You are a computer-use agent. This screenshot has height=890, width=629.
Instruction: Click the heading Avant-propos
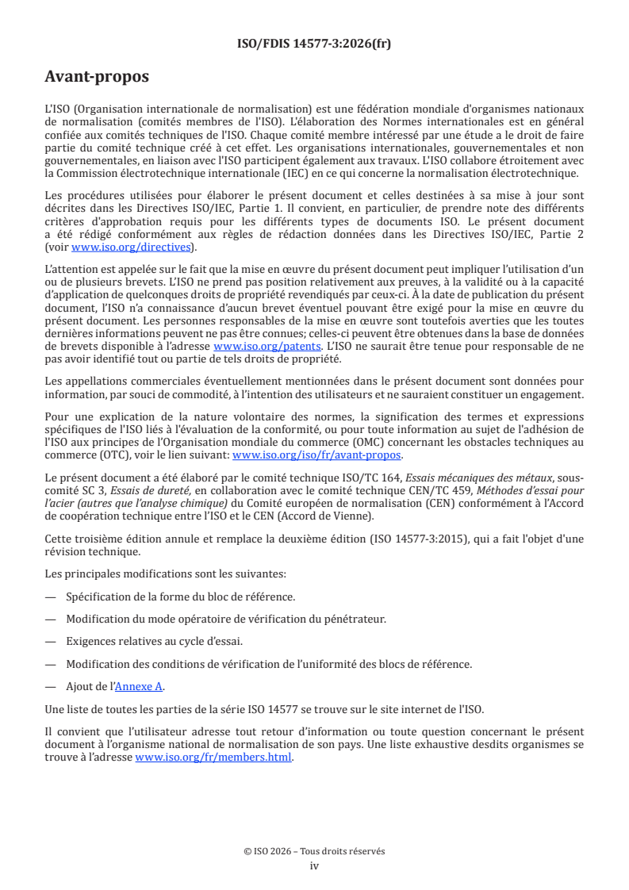click(x=97, y=77)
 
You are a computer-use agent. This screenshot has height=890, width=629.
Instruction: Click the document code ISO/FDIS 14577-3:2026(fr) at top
click(x=314, y=44)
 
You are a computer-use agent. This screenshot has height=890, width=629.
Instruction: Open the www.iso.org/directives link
click(x=131, y=247)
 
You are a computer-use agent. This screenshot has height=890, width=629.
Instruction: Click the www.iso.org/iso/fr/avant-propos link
click(x=316, y=455)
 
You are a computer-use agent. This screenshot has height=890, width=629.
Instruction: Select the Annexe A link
click(x=140, y=686)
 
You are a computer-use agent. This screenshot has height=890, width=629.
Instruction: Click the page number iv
click(x=314, y=865)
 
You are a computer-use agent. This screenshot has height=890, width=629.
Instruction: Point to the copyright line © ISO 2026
click(x=314, y=851)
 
